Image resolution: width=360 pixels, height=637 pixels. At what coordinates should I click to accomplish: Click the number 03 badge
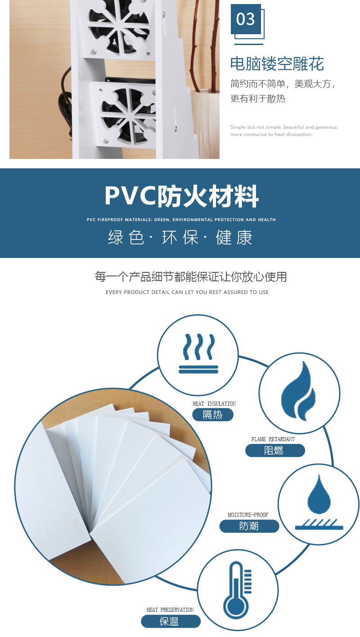[x=246, y=19]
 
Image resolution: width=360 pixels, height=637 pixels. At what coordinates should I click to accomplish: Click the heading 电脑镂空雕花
[x=277, y=63]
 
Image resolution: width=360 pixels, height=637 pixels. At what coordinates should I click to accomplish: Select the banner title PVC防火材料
[x=181, y=196]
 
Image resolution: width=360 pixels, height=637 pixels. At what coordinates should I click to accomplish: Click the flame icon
[x=298, y=392]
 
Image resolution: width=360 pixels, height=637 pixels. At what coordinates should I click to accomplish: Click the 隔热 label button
[x=212, y=415]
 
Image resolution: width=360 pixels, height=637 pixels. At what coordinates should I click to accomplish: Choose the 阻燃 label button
[x=274, y=450]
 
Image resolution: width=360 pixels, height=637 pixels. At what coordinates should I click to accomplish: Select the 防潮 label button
[x=249, y=526]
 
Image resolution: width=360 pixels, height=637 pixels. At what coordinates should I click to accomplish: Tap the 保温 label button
[x=170, y=621]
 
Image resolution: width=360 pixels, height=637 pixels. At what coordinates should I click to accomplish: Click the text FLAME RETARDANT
[x=273, y=439]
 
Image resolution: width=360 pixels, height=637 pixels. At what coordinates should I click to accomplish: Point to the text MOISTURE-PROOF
[x=247, y=515]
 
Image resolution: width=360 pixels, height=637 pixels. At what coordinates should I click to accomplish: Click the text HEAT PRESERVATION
[x=170, y=610]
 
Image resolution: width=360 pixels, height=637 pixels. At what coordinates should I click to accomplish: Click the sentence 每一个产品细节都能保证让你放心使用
[x=190, y=276]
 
